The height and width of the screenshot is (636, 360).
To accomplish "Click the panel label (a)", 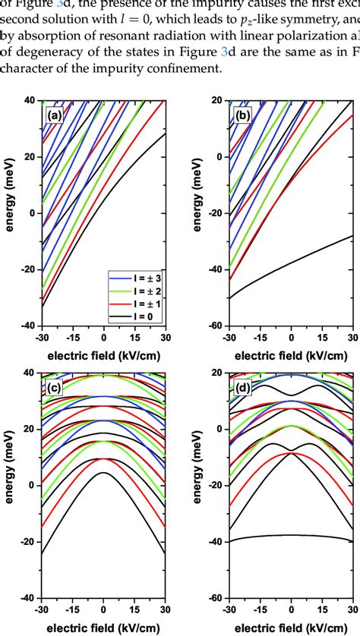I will point(54,116).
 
